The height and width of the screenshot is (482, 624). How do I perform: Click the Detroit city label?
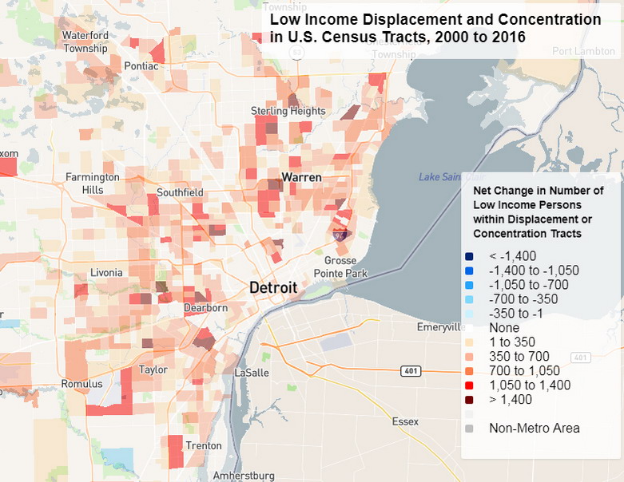273,287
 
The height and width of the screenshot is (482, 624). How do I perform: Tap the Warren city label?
301,176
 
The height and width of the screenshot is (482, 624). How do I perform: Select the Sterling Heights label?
288,111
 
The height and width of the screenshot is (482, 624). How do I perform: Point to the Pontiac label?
141,66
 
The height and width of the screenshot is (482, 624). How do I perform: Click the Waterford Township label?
85,41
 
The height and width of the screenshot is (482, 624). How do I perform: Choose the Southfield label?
180,192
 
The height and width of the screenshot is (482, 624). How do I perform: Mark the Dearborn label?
205,308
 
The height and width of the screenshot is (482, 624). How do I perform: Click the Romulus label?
82,384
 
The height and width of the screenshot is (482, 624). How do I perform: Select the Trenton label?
203,445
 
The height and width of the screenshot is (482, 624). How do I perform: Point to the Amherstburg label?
244,476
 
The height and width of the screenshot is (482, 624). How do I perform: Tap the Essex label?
405,421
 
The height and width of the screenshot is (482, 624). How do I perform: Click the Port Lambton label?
586,52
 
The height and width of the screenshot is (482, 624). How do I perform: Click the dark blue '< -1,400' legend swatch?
469,255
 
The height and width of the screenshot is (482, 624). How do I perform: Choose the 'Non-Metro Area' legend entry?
534,429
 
